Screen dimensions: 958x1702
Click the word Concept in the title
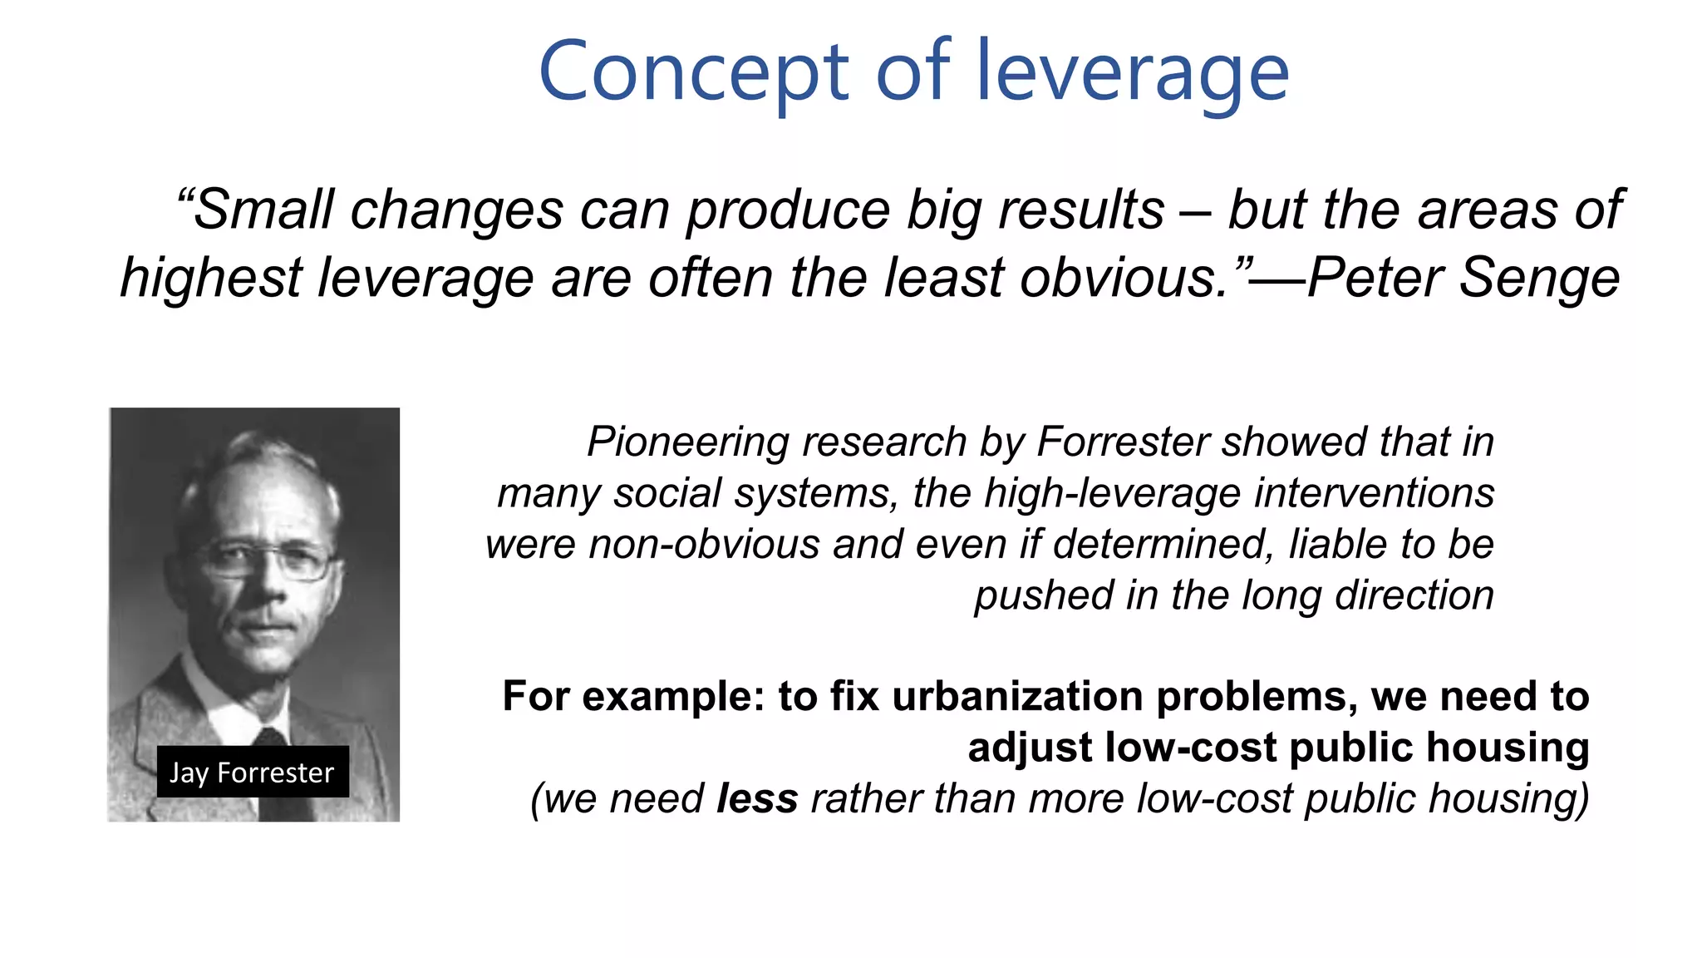tap(694, 73)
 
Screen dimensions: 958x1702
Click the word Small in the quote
tap(263, 210)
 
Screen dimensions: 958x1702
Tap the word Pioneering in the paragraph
tap(693, 442)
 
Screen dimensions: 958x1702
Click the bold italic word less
tap(757, 798)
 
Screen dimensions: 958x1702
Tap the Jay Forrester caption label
tap(252, 773)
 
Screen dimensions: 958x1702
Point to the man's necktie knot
tap(270, 737)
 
